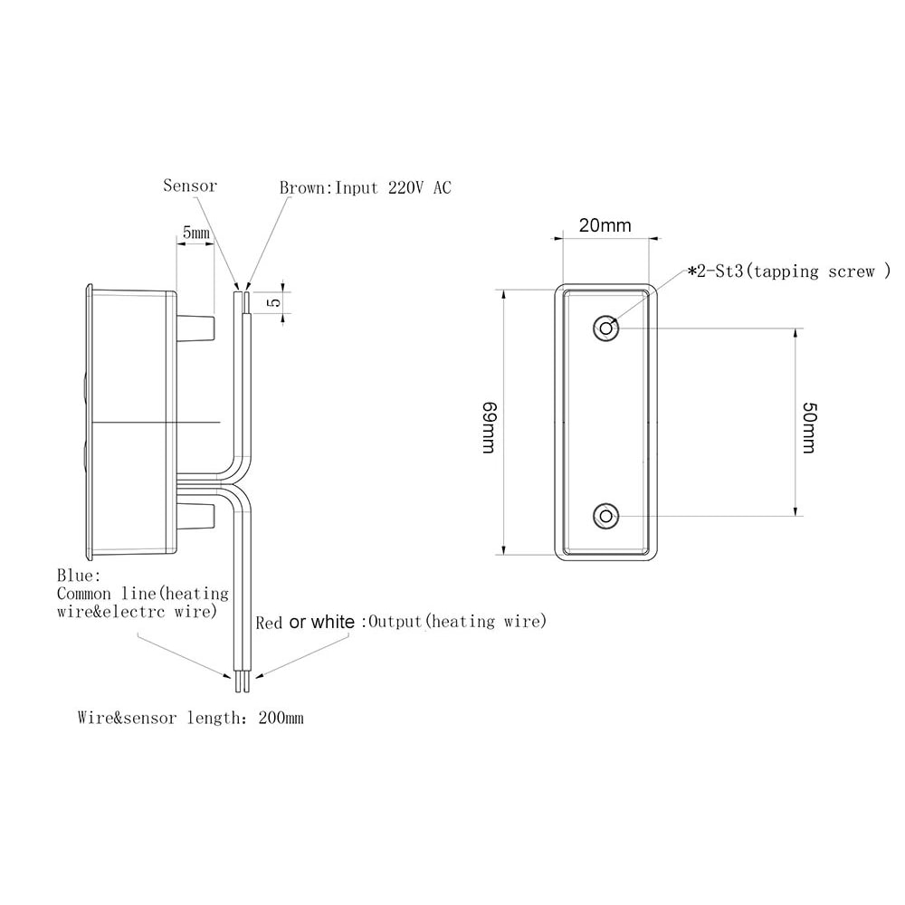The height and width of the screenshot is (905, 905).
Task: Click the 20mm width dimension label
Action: (x=605, y=225)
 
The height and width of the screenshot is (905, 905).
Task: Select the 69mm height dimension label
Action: (x=488, y=428)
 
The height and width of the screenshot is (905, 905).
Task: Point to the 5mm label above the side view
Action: (x=195, y=233)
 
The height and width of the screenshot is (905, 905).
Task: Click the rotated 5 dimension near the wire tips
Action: (x=273, y=302)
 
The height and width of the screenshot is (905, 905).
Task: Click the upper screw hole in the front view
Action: (x=605, y=328)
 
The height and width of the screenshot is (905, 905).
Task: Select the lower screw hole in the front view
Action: (x=605, y=516)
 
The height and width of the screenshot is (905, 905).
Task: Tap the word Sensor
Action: (x=190, y=186)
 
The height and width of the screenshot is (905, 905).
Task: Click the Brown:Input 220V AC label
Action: (x=365, y=187)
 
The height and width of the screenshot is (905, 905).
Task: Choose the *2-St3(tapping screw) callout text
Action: (x=789, y=271)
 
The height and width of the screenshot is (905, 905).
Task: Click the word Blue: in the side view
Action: (x=80, y=576)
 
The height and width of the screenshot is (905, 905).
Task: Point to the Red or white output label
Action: (x=401, y=622)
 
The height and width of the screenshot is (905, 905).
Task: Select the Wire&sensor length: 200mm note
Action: (x=190, y=719)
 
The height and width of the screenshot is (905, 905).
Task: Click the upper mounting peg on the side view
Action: (x=196, y=327)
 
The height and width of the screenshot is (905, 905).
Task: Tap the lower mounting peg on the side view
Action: (x=196, y=518)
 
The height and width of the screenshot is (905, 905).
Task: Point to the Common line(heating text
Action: (x=143, y=594)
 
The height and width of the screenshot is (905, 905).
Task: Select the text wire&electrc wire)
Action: (x=138, y=612)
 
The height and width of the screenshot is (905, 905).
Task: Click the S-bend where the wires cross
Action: (x=239, y=480)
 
